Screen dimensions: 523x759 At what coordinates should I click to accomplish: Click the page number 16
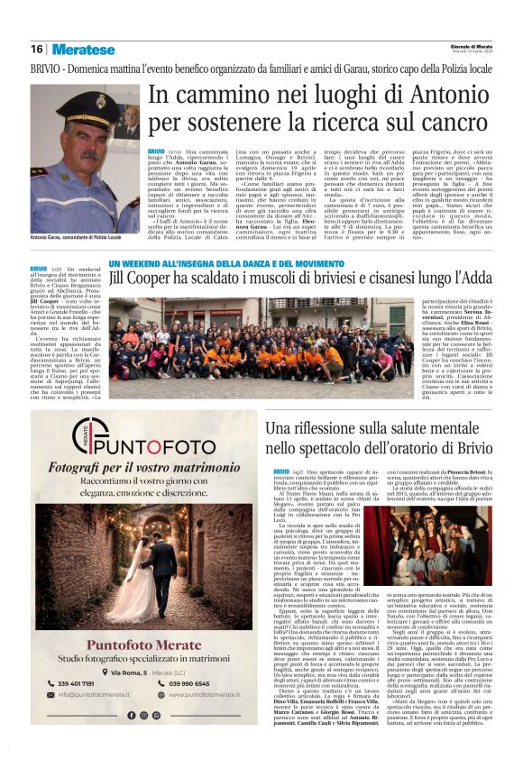click(36, 49)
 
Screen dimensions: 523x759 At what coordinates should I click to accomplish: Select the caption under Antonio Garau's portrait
click(75, 236)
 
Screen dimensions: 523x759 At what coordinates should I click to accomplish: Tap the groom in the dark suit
click(164, 559)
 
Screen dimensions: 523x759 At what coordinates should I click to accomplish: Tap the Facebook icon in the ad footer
click(129, 716)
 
